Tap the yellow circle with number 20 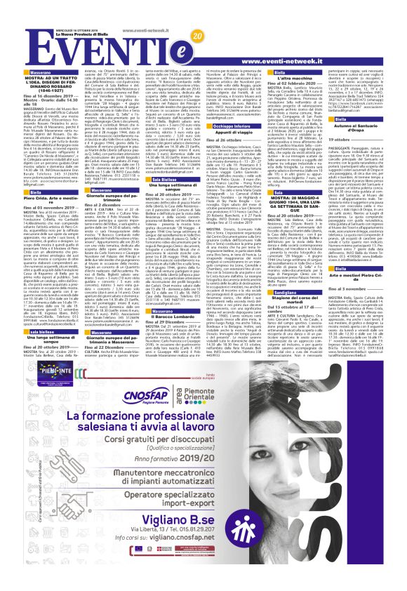(x=194, y=36)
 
